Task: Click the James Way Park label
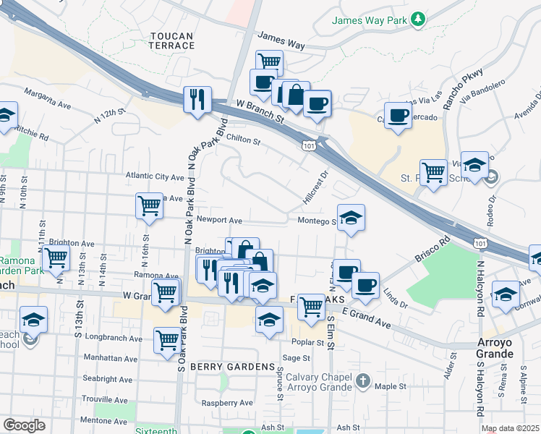click(369, 20)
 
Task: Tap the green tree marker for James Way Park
click(417, 20)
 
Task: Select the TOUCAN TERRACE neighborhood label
click(172, 41)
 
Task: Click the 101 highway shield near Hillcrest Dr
click(310, 146)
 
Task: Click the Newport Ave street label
click(218, 220)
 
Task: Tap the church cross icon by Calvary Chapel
click(364, 380)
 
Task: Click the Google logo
click(24, 426)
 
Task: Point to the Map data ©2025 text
click(510, 428)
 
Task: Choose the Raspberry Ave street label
click(227, 403)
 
